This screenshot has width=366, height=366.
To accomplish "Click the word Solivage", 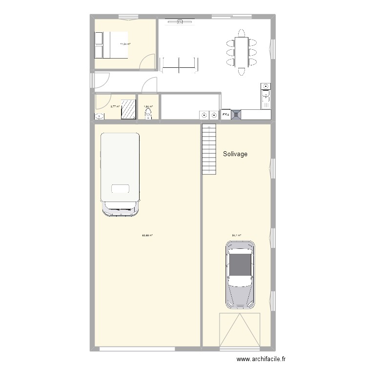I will (235, 154).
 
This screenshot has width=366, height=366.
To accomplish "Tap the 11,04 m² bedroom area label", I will (125, 44).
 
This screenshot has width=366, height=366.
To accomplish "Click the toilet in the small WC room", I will (148, 115).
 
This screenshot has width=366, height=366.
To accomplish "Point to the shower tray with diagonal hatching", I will (128, 110).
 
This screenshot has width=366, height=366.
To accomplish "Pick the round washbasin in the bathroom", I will (100, 116).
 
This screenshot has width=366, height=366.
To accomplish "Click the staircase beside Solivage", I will (208, 149).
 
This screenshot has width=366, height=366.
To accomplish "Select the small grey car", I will (240, 274).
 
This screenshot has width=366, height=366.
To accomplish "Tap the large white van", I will (120, 173).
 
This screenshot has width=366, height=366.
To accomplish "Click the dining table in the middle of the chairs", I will (240, 51).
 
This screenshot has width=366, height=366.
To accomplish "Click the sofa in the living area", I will (180, 64).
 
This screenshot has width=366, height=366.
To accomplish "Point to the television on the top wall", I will (180, 21).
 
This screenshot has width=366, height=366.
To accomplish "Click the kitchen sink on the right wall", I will (266, 100).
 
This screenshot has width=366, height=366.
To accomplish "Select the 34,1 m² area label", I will (237, 236).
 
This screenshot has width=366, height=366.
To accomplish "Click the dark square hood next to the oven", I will (236, 115).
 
